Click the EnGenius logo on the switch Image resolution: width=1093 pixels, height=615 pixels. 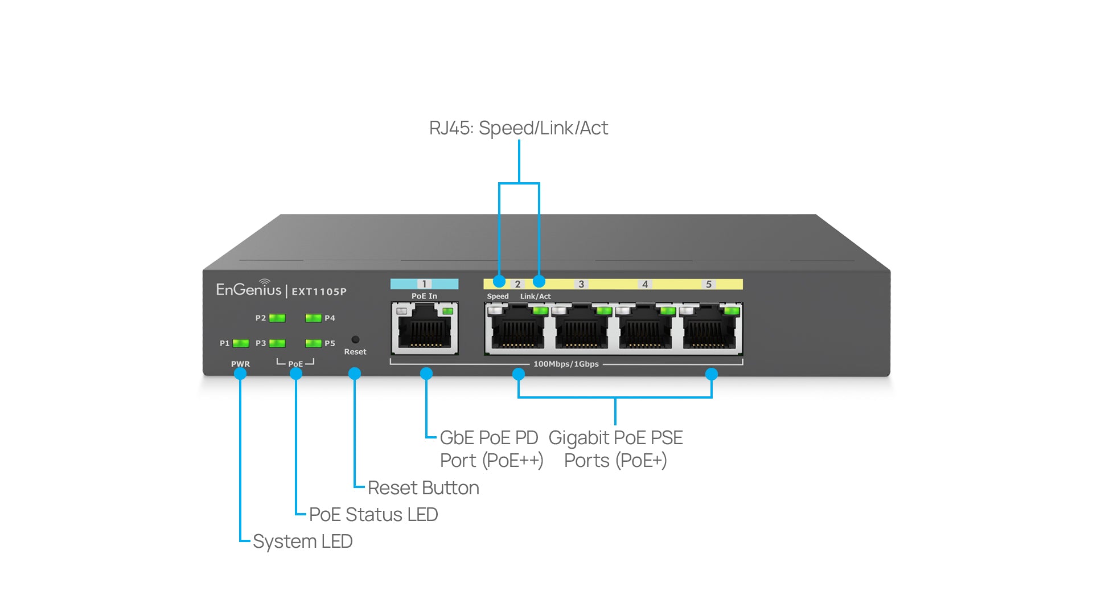249,289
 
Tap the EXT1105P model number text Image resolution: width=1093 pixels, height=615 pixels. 319,292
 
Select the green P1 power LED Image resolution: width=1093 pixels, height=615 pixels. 241,343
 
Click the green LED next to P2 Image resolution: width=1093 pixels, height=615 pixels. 277,318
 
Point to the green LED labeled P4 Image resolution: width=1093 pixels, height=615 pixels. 313,318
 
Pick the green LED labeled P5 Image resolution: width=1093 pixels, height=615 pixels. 313,343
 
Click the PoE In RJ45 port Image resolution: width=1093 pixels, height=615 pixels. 425,329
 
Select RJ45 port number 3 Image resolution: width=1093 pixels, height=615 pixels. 581,329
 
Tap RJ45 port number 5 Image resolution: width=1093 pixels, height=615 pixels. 709,329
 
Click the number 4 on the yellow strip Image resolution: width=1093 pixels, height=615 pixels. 645,284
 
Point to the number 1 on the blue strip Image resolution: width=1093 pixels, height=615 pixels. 424,284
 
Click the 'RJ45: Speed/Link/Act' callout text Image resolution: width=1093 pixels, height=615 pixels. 519,128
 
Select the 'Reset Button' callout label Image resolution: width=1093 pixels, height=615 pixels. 424,488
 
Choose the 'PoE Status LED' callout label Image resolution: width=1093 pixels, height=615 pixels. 373,515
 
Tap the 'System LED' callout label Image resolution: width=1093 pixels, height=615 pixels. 303,542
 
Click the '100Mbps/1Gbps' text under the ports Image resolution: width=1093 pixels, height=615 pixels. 566,364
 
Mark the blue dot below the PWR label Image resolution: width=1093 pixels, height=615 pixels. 240,374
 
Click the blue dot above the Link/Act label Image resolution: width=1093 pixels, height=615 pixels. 539,281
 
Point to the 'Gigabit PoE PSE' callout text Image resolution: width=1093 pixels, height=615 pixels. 615,438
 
